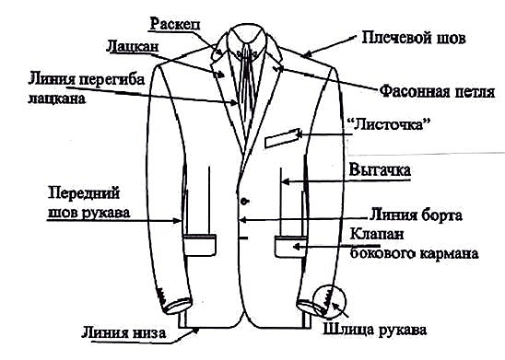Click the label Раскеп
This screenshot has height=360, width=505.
tap(178, 20)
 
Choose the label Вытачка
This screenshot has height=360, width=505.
tap(379, 170)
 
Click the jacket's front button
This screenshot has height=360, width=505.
tap(243, 201)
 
